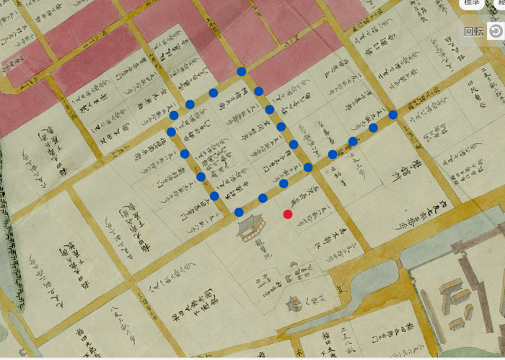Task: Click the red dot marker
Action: click(x=288, y=214)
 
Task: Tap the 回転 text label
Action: click(x=473, y=31)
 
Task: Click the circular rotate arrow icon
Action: click(x=496, y=31)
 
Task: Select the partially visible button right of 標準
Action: click(x=497, y=3)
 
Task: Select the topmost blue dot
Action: click(x=242, y=72)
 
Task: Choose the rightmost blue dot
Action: click(x=393, y=115)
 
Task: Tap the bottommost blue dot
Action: click(x=239, y=211)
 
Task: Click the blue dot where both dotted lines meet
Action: click(x=308, y=167)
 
